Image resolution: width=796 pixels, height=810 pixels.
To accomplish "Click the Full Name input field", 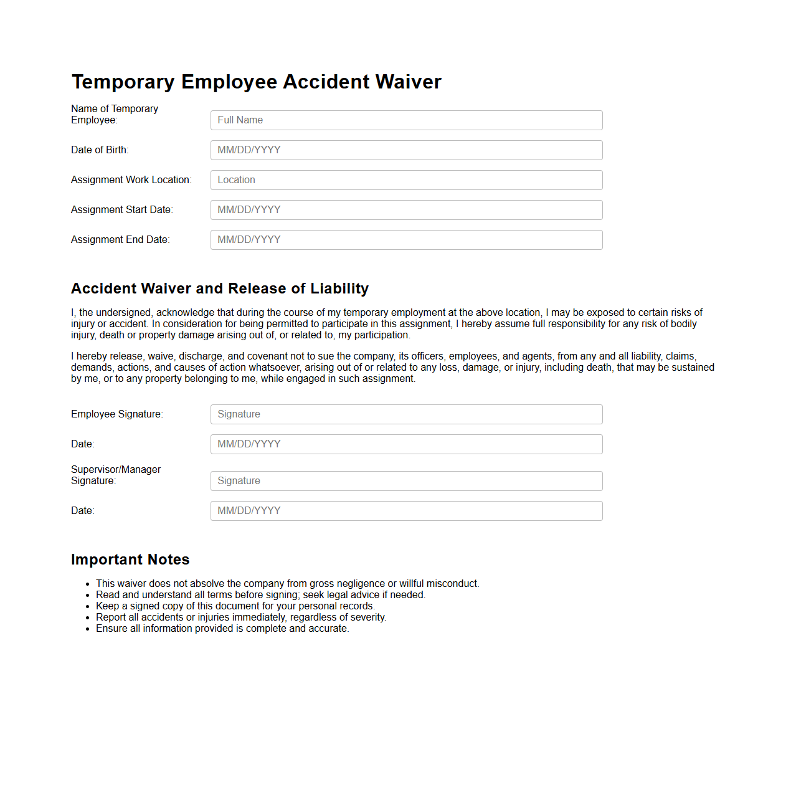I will (406, 120).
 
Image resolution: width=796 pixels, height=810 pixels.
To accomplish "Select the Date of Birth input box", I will (406, 150).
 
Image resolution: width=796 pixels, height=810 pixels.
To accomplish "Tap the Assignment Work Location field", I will (406, 180).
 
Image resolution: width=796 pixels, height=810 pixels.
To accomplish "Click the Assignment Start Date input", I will (406, 210).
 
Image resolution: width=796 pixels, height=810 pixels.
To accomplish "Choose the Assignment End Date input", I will (406, 240).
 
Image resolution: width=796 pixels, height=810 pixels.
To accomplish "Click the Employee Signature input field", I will (406, 414).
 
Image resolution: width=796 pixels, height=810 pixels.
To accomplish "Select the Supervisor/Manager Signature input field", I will (406, 481).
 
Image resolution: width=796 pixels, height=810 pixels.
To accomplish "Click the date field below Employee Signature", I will (406, 444).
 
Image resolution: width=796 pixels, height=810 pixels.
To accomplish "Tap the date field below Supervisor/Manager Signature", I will (406, 511).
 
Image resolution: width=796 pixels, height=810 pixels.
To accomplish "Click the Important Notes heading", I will (130, 560).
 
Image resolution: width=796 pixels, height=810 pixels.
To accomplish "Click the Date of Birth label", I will (100, 150).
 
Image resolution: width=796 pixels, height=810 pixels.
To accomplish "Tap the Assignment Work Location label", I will (131, 180).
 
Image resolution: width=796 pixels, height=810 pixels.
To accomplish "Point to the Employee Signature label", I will (117, 414).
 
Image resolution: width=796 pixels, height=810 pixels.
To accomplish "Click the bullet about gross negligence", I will (287, 584).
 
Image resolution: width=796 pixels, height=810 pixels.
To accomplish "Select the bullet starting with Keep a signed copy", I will (235, 606).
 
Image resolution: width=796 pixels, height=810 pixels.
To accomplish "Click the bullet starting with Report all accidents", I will (241, 617).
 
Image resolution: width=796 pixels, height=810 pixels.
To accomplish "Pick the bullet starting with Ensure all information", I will (222, 629).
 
